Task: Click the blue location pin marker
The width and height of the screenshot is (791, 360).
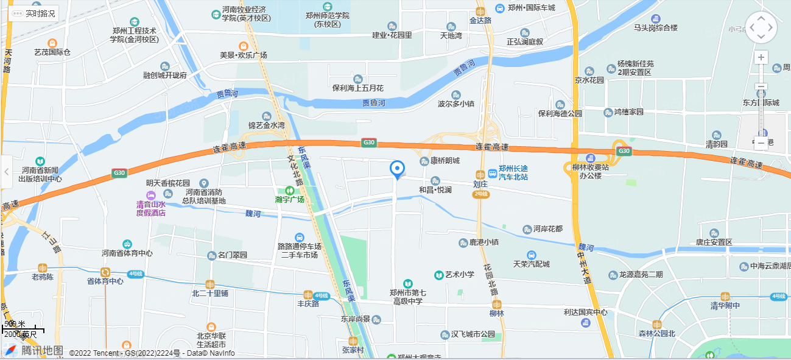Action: point(397,169)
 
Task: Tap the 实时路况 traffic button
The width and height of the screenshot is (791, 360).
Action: point(34,13)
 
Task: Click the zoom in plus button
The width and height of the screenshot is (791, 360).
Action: point(761,58)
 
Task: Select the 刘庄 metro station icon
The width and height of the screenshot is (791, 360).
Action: point(480,174)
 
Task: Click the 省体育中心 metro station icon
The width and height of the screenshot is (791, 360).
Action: point(105,272)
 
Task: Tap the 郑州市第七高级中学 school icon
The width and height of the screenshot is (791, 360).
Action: point(407,284)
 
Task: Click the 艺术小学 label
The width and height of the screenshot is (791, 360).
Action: point(459,275)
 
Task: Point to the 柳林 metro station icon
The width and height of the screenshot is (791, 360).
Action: point(497,304)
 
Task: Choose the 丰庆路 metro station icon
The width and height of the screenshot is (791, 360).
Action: point(308,294)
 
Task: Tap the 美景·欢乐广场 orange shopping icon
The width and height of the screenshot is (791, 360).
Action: point(244,46)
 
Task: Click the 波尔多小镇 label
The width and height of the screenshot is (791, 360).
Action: point(455,104)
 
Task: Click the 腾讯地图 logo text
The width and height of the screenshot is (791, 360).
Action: point(42,350)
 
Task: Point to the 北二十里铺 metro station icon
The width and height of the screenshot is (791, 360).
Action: point(210,284)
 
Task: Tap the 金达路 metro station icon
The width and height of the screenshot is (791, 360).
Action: point(480,11)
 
